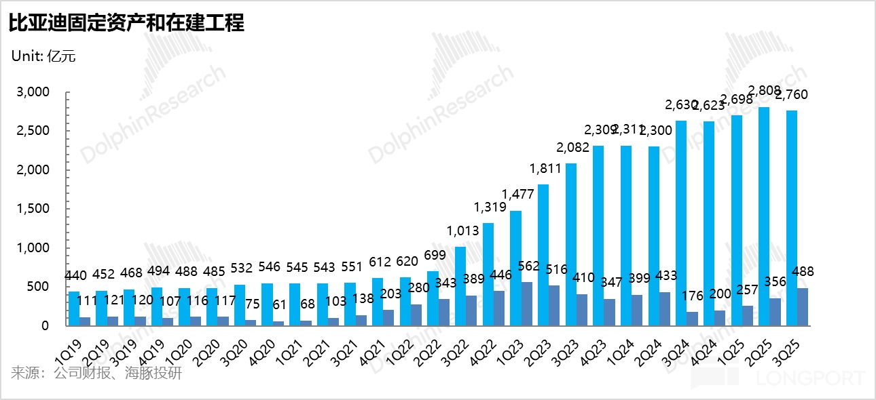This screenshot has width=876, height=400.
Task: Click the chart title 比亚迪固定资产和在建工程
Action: coord(126,24)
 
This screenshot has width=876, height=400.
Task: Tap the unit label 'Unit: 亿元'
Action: coord(43,56)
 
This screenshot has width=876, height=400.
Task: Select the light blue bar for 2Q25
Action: coord(764,216)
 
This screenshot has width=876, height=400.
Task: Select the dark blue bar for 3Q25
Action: coord(802,307)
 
